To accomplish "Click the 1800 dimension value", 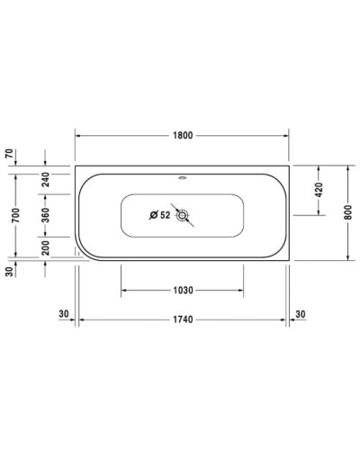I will point(182,136).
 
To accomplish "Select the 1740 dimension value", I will point(183,319).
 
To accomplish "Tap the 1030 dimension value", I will point(182,291).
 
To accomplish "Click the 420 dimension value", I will point(318,190).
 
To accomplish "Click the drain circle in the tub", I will point(184,216).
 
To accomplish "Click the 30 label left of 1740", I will point(63,312).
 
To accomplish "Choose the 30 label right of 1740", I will point(301,312).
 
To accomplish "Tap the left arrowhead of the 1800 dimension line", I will point(77,136).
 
